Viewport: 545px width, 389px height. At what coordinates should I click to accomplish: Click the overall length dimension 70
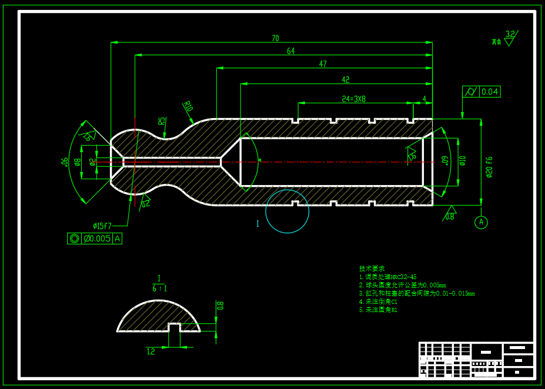click(275, 39)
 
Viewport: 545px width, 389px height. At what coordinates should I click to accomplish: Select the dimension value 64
click(290, 52)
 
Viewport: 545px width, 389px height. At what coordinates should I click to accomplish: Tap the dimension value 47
click(323, 64)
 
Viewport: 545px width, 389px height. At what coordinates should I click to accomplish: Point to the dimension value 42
click(345, 80)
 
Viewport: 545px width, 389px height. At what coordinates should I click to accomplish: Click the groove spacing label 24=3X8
click(354, 99)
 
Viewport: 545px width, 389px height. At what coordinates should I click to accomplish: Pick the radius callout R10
click(188, 106)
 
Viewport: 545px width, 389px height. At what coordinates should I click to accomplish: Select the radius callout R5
click(162, 121)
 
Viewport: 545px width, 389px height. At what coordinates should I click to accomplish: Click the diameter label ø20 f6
click(489, 167)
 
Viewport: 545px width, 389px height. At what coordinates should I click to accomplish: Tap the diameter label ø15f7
click(102, 226)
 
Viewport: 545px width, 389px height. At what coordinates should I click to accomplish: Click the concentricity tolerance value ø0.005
click(97, 239)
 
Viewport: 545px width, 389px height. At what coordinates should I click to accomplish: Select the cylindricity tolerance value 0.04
click(490, 92)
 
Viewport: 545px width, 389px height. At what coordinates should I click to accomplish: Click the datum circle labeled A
click(481, 222)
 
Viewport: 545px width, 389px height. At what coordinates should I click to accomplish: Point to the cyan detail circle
click(287, 212)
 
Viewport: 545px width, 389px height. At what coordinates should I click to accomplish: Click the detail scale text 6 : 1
click(159, 289)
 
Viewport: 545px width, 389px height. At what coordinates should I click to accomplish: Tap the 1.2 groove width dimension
click(151, 351)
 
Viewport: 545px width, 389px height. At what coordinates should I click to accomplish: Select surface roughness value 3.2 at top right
click(510, 34)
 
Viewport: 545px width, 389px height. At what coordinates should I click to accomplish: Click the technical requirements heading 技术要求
click(372, 268)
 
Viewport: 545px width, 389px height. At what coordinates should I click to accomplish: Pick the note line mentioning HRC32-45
click(387, 277)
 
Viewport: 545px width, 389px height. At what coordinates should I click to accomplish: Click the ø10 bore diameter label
click(462, 160)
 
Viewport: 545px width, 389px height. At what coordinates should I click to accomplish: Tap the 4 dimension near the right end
click(424, 99)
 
